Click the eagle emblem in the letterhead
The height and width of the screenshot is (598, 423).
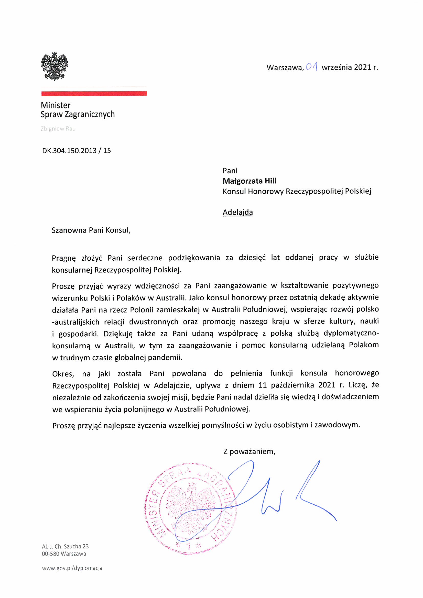coord(55,66)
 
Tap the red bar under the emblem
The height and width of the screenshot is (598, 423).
coord(94,94)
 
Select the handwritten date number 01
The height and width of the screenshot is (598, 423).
coord(312,67)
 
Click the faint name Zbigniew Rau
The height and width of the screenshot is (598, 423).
coord(58,129)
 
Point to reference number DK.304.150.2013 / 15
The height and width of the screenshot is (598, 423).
coord(76,151)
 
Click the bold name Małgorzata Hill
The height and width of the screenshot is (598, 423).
coord(249,181)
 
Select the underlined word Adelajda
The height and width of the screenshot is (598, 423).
coord(237,212)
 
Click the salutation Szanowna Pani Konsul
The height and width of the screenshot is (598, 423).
coord(91,230)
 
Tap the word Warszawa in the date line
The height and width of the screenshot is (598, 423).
coord(285,68)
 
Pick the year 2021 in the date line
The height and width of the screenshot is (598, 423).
coord(363,67)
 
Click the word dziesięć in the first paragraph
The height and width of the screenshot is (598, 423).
coord(252,258)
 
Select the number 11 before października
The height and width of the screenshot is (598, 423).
coord(263,385)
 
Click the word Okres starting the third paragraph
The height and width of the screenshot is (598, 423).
coord(63,374)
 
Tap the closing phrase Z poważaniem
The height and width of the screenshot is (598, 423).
coord(249,451)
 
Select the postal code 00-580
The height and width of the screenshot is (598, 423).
coord(51,554)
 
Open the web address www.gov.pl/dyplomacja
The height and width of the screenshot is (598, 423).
coord(72,568)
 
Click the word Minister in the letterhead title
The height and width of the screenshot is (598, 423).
coord(56,105)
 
